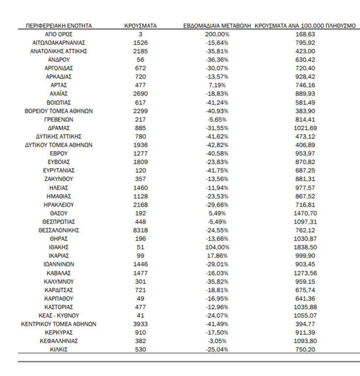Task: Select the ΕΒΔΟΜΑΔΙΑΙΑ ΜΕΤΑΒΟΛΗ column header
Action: click(x=217, y=25)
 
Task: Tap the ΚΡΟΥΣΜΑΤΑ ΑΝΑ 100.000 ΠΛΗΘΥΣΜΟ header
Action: click(x=305, y=25)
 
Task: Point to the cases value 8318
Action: click(x=140, y=230)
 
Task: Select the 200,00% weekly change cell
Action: click(x=217, y=34)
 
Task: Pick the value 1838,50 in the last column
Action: click(x=305, y=247)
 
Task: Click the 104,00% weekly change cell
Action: click(x=217, y=247)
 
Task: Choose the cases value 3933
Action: click(x=140, y=324)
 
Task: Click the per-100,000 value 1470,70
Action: click(x=305, y=213)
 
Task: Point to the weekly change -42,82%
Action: click(x=217, y=145)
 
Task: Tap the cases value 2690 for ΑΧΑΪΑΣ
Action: click(x=140, y=94)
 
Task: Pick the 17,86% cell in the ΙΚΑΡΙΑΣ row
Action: click(x=217, y=255)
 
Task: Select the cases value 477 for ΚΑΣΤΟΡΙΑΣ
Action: click(x=140, y=307)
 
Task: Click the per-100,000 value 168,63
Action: click(x=305, y=34)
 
